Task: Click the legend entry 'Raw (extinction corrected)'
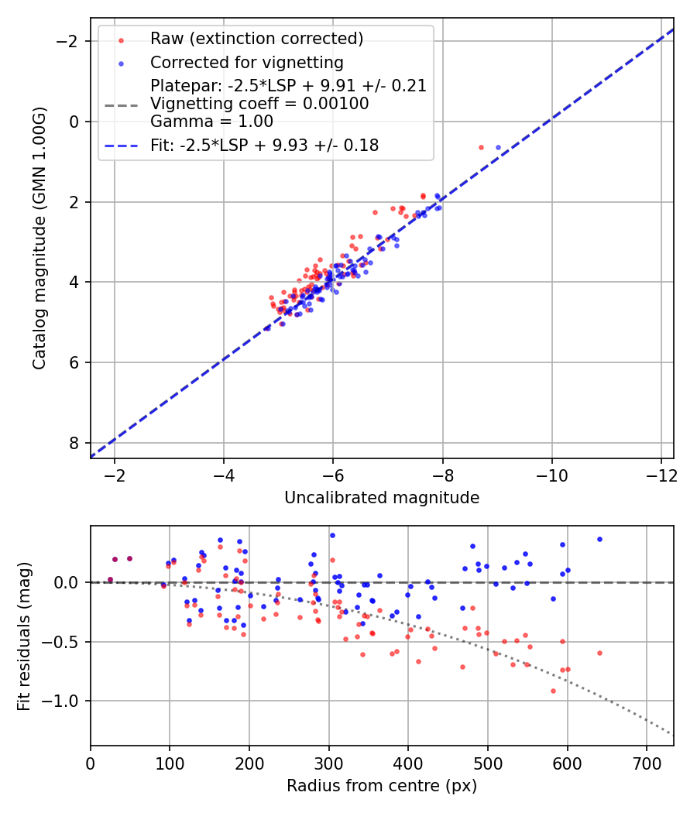point(256,39)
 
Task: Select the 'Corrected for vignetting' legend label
point(246,62)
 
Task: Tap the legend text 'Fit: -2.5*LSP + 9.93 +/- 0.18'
point(264,146)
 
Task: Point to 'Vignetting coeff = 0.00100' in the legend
point(259,104)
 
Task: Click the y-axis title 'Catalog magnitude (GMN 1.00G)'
point(39,238)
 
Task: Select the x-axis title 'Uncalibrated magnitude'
point(382,497)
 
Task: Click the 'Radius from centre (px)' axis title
point(382,786)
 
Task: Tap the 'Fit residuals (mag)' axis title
point(24,636)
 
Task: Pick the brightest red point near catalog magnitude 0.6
point(481,147)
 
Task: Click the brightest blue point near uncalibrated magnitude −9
point(498,147)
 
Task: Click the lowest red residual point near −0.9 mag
point(553,691)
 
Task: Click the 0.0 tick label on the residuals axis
point(70,582)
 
